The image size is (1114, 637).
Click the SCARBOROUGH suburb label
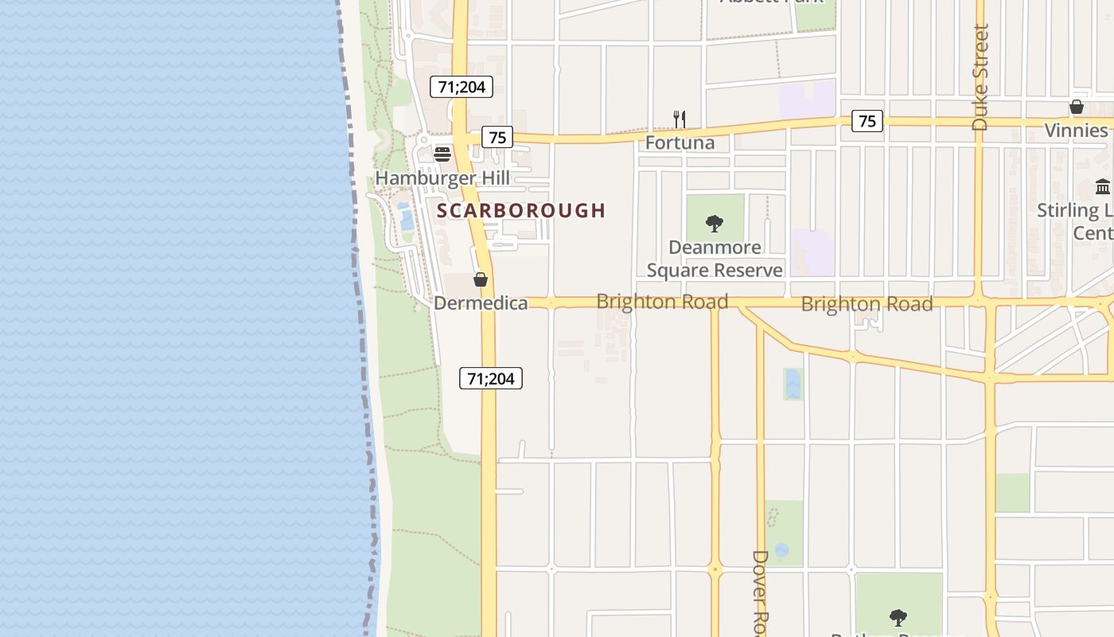click(x=521, y=210)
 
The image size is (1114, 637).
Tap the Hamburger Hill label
click(x=442, y=178)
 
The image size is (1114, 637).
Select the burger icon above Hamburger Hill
click(x=442, y=154)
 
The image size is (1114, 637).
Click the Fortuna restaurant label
click(x=680, y=143)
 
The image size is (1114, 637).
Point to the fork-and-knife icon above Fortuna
click(x=680, y=119)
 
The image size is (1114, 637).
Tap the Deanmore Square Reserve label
click(x=715, y=259)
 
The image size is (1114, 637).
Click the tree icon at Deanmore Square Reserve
click(x=715, y=223)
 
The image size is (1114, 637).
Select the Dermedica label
click(x=481, y=303)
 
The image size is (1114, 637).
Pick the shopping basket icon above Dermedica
click(x=481, y=279)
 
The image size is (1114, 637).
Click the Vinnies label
click(x=1077, y=130)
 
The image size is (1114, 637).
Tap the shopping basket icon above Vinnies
click(x=1077, y=107)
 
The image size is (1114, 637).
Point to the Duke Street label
click(x=980, y=77)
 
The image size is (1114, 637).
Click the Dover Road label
click(x=761, y=593)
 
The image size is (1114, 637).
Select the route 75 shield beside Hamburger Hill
click(x=497, y=137)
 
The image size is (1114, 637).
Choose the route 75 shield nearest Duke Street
click(x=867, y=121)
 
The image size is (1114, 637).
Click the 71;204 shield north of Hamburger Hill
click(x=462, y=87)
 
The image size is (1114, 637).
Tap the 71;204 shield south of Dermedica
click(x=491, y=378)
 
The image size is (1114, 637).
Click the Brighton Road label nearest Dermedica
click(x=662, y=302)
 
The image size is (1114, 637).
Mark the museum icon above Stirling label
click(x=1103, y=187)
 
